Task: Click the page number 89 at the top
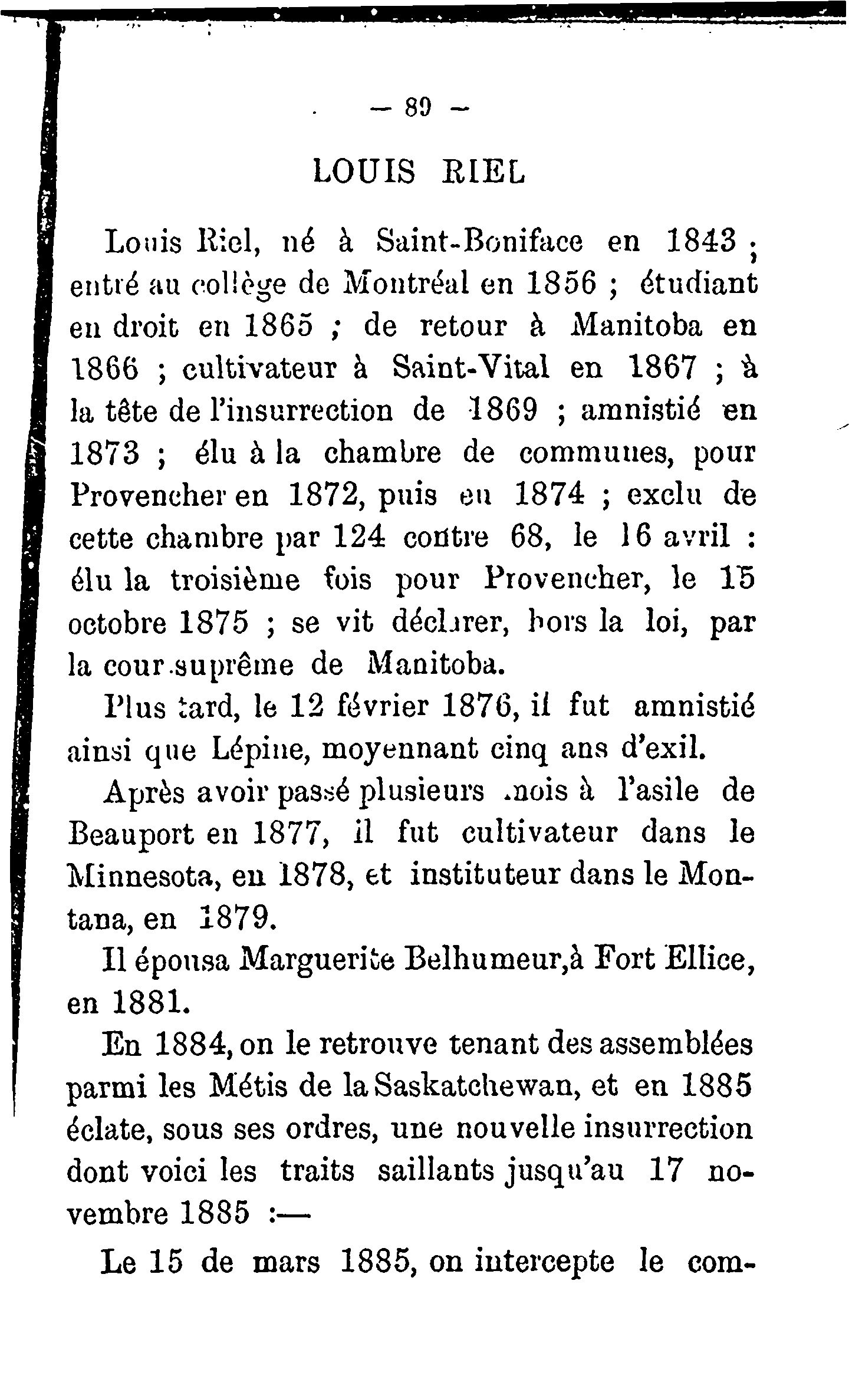click(419, 108)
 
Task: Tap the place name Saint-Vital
click(472, 370)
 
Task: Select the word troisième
click(235, 581)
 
